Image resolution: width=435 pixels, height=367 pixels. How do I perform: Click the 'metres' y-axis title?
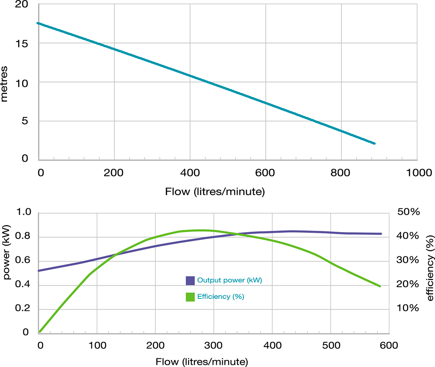tap(5, 84)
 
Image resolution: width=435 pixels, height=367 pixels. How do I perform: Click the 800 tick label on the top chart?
tap(341, 173)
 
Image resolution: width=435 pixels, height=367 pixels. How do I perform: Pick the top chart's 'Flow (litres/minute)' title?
tap(215, 191)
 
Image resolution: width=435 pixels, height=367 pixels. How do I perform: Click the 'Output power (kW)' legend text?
tap(230, 280)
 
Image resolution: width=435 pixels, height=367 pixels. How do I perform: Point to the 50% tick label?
tap(409, 212)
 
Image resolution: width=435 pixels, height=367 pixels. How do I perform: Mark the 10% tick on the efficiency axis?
tap(409, 308)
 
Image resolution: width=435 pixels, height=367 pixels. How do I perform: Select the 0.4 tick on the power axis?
tap(25, 285)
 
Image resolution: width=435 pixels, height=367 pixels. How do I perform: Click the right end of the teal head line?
tap(375, 143)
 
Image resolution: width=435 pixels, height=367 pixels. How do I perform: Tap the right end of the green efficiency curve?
tap(380, 286)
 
